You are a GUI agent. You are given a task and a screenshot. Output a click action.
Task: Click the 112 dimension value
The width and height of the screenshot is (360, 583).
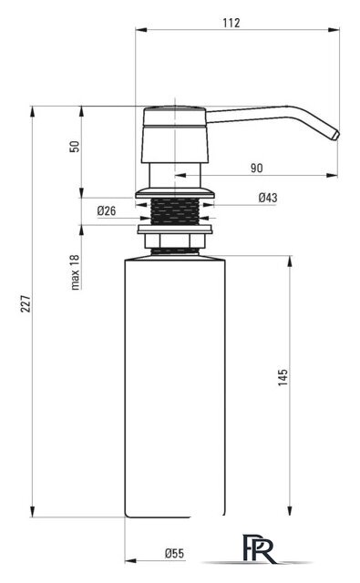tap(231, 23)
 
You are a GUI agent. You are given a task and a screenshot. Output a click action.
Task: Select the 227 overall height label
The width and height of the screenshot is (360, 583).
tap(26, 303)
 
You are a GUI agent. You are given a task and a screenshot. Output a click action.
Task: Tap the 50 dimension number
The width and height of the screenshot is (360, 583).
tap(75, 146)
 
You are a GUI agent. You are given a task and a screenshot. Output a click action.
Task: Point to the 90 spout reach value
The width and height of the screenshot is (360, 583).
tap(256, 168)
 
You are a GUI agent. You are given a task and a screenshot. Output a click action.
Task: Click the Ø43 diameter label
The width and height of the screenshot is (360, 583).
tap(268, 198)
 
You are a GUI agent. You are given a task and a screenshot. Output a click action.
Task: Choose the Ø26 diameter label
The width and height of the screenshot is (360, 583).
tap(107, 210)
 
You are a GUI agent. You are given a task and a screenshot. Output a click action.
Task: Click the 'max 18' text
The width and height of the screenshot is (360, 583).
tap(76, 272)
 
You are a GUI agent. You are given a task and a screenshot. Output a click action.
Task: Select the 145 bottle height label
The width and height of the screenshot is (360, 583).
tap(283, 377)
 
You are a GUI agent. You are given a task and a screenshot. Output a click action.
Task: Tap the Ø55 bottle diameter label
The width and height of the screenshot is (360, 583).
tap(174, 553)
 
